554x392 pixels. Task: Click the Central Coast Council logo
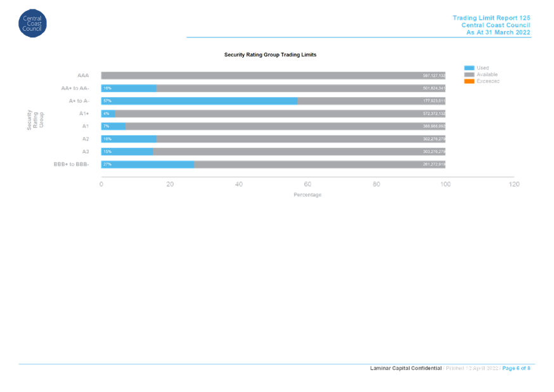click(32, 23)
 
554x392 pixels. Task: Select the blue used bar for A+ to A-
click(199, 101)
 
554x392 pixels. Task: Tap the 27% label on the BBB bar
click(107, 164)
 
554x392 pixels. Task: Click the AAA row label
click(83, 75)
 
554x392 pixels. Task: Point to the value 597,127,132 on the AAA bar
click(434, 75)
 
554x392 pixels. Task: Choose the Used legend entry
click(482, 67)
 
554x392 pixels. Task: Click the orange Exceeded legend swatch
click(469, 81)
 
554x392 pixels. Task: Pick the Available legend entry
click(487, 74)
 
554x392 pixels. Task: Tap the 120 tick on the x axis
click(514, 184)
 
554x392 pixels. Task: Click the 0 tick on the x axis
click(101, 184)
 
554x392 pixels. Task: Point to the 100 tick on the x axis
click(446, 184)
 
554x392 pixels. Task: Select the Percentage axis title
click(307, 195)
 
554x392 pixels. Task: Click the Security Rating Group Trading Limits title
click(270, 55)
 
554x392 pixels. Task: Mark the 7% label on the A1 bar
click(106, 126)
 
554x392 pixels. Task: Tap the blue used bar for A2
click(129, 139)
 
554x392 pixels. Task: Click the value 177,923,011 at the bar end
click(434, 101)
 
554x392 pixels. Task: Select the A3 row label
click(85, 152)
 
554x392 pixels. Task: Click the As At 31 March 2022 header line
click(498, 32)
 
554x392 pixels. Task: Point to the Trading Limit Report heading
click(491, 18)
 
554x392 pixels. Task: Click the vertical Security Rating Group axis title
click(35, 120)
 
